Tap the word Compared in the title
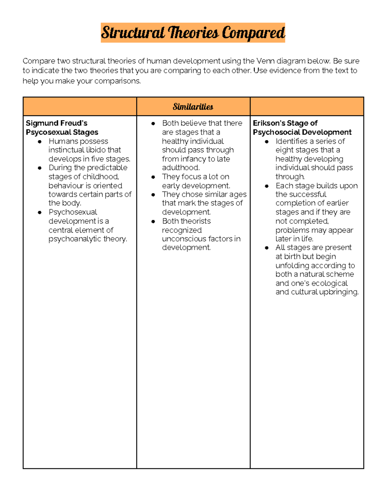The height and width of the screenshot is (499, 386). tap(253, 33)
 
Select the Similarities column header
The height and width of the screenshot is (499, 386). tap(193, 107)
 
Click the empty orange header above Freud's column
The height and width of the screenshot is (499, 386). tap(80, 107)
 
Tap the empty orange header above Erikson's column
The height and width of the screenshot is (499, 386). tap(307, 107)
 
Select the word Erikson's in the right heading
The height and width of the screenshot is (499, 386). tap(269, 123)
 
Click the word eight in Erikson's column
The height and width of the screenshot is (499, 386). tap(284, 150)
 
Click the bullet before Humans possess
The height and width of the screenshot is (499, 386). tap(40, 142)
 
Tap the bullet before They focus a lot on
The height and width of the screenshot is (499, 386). tap(153, 177)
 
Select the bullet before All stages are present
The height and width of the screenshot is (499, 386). tap(267, 248)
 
